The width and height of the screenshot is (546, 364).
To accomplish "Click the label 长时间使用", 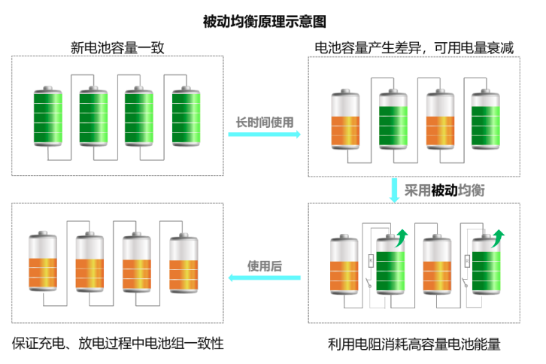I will [265, 122].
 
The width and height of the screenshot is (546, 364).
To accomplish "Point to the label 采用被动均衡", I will [444, 190].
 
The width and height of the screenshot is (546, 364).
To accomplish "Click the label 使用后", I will [265, 265].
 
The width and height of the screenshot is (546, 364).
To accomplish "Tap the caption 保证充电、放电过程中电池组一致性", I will [118, 344].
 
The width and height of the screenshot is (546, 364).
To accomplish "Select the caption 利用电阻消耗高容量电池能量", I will [414, 344].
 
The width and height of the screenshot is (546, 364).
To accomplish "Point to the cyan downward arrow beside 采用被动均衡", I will [394, 190].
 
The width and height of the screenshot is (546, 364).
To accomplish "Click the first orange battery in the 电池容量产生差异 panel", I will [345, 120].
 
